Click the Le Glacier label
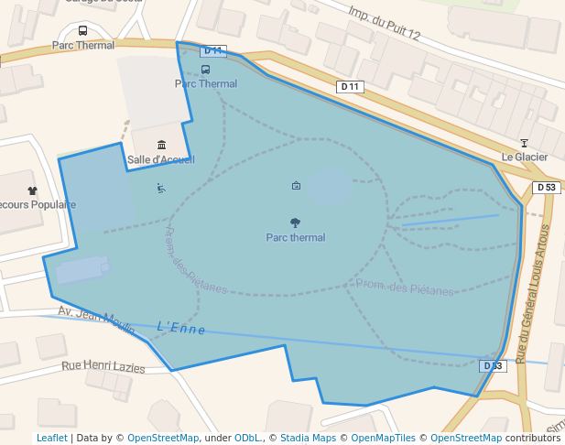pyautogui.click(x=524, y=157)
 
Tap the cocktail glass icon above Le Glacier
pyautogui.click(x=524, y=143)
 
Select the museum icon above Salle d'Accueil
pyautogui.click(x=162, y=145)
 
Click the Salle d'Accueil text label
pyautogui.click(x=161, y=159)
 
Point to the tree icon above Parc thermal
pyautogui.click(x=295, y=222)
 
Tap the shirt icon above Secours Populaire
pyautogui.click(x=33, y=190)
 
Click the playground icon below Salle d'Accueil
pyautogui.click(x=161, y=189)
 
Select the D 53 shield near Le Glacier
pyautogui.click(x=546, y=188)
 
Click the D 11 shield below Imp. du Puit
pyautogui.click(x=351, y=87)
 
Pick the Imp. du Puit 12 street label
pyautogui.click(x=384, y=23)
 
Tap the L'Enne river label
pyautogui.click(x=181, y=328)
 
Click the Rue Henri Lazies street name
pyautogui.click(x=103, y=366)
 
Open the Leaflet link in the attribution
pyautogui.click(x=51, y=438)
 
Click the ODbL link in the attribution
pyautogui.click(x=247, y=438)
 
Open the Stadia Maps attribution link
pyautogui.click(x=308, y=438)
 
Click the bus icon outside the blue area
pyautogui.click(x=83, y=30)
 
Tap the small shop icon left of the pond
pyautogui.click(x=296, y=186)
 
